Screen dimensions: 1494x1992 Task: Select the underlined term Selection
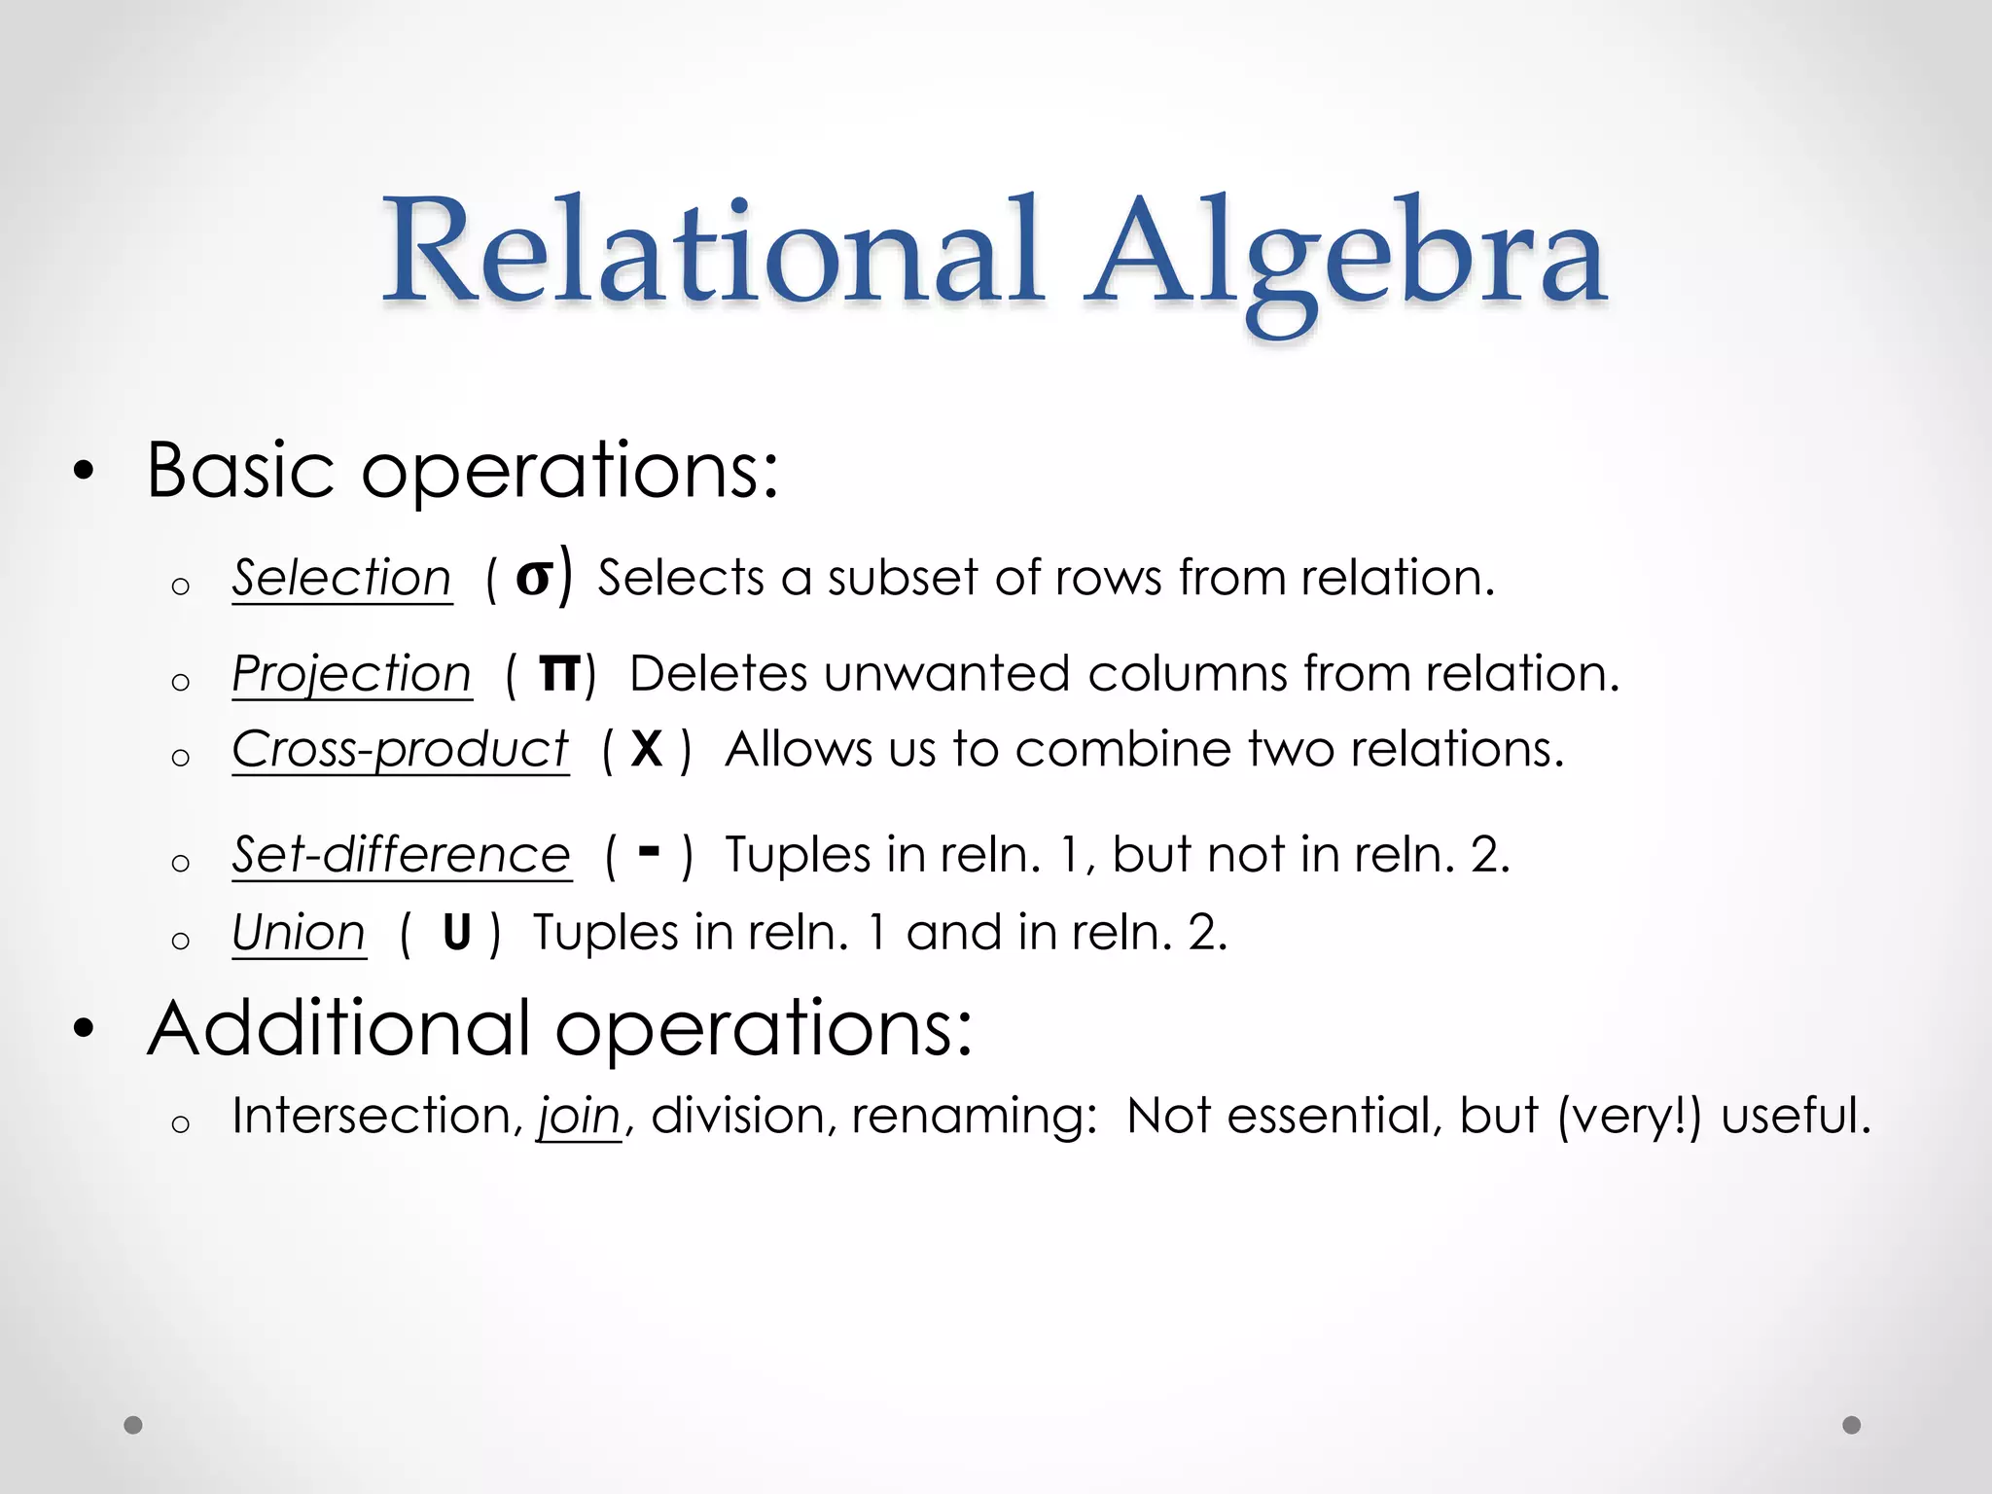[341, 578]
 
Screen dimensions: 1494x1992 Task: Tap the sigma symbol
[534, 577]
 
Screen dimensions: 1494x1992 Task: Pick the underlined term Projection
[351, 673]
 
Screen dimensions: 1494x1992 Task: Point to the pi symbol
[559, 673]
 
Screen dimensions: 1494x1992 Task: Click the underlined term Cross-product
[400, 749]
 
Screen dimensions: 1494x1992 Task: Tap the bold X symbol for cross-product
[646, 750]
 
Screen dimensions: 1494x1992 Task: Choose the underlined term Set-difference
[401, 855]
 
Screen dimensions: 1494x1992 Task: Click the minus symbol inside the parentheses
[649, 852]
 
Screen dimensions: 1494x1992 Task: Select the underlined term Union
[299, 933]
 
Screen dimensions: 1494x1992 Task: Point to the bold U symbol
[456, 933]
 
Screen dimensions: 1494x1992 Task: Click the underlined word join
[579, 1116]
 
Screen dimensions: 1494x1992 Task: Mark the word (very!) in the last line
[1629, 1116]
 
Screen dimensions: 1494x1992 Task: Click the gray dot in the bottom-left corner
[133, 1425]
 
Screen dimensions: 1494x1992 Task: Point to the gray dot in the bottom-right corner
[1852, 1425]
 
